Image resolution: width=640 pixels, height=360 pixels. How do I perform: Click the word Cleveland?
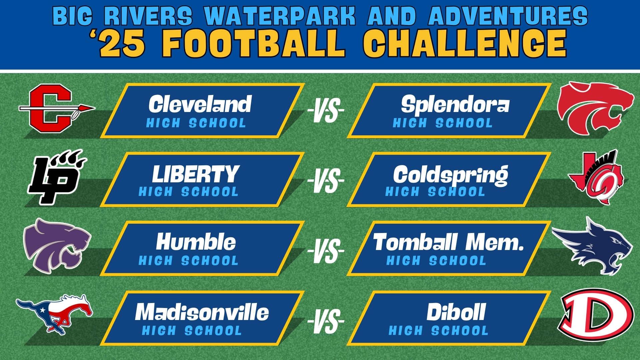pyautogui.click(x=200, y=104)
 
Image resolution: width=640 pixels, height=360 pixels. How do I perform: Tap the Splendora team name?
pyautogui.click(x=455, y=105)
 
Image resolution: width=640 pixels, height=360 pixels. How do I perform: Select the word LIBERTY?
pyautogui.click(x=196, y=174)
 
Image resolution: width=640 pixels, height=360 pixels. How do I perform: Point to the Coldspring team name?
pyautogui.click(x=451, y=175)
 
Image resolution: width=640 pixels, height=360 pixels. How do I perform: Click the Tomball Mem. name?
pyautogui.click(x=448, y=242)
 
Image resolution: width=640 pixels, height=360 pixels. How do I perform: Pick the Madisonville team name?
pyautogui.click(x=202, y=312)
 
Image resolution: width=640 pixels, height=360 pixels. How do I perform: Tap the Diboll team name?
pyautogui.click(x=456, y=312)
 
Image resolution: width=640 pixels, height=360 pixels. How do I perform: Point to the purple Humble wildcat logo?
pyautogui.click(x=57, y=246)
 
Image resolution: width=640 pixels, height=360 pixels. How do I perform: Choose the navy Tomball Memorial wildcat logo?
pyautogui.click(x=593, y=250)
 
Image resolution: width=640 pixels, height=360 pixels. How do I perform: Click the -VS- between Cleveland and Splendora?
pyautogui.click(x=326, y=110)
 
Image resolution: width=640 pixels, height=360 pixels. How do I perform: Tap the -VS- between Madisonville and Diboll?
pyautogui.click(x=326, y=321)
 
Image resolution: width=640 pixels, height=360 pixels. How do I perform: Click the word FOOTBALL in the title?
pyautogui.click(x=254, y=43)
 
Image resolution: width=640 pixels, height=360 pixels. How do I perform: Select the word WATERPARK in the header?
pyautogui.click(x=280, y=16)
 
